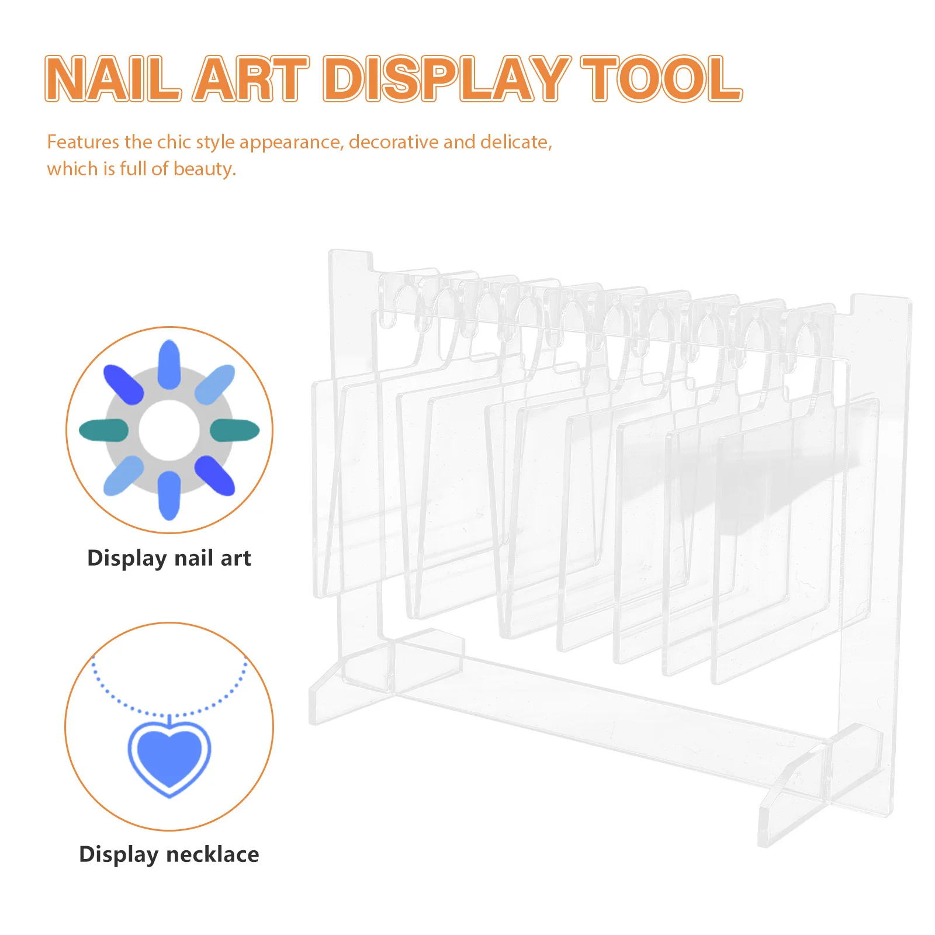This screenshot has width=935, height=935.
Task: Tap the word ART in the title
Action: click(251, 79)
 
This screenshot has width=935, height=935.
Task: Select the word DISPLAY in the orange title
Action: click(446, 79)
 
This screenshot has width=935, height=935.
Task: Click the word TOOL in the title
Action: click(661, 79)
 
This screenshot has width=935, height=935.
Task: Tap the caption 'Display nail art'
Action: click(169, 558)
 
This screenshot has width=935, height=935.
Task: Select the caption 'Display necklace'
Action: click(169, 854)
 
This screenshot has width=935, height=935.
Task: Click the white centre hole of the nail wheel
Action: click(169, 430)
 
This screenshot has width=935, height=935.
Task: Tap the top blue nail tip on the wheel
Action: click(169, 364)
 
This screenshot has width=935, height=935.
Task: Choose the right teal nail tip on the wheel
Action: click(234, 430)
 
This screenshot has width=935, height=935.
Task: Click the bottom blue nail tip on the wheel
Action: click(169, 496)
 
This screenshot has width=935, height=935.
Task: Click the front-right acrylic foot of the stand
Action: click(818, 783)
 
